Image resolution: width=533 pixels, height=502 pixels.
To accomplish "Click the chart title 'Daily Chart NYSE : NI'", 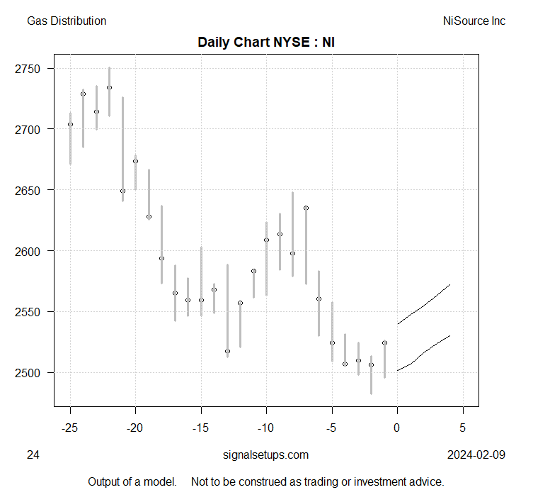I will [266, 42].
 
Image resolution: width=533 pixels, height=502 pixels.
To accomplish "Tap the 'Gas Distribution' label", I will [67, 21].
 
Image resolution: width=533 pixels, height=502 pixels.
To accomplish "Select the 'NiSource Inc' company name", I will [474, 21].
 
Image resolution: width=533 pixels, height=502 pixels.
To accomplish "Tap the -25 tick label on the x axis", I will [70, 428].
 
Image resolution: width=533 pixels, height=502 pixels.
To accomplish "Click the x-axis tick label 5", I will [463, 428].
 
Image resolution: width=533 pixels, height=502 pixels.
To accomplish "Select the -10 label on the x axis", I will [266, 428].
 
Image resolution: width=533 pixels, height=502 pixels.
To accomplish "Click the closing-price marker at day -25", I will [70, 125].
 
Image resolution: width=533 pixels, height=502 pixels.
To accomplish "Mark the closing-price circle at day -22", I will [109, 88].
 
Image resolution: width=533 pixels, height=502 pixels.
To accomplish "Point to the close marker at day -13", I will [227, 352].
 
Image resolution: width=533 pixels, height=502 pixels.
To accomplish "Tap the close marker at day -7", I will [306, 208].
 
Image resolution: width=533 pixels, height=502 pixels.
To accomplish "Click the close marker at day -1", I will [384, 343].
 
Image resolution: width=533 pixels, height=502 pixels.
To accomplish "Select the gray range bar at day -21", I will [122, 149].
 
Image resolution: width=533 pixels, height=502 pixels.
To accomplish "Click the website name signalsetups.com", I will [266, 455].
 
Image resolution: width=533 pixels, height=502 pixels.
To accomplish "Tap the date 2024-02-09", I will [476, 455].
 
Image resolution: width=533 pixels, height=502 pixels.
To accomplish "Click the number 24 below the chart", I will [33, 455].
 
